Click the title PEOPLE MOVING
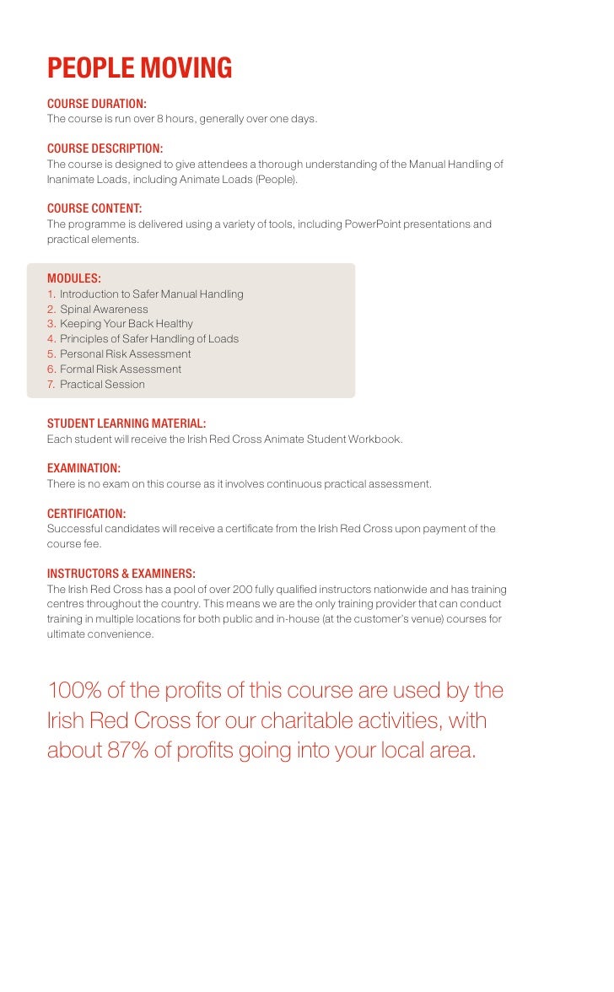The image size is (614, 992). (x=139, y=68)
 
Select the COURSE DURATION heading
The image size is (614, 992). (x=97, y=104)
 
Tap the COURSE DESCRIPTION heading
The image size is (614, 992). (x=105, y=148)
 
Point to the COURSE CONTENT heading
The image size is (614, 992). (x=94, y=208)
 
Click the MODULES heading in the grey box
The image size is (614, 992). (x=74, y=278)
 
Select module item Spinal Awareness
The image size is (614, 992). (x=104, y=309)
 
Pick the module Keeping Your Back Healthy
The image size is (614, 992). (x=127, y=324)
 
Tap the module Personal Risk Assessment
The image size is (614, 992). (x=125, y=354)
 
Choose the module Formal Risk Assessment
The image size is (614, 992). (x=121, y=369)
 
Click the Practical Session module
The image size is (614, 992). (x=102, y=385)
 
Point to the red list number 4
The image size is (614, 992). (x=51, y=339)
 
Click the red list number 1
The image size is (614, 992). (x=51, y=294)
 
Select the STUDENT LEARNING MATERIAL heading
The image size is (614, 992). (x=127, y=423)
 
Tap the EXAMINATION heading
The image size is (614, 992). (x=83, y=468)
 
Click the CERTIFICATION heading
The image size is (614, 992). (x=86, y=514)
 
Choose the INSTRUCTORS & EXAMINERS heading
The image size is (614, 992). (x=121, y=574)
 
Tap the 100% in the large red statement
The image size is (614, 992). (x=74, y=691)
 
